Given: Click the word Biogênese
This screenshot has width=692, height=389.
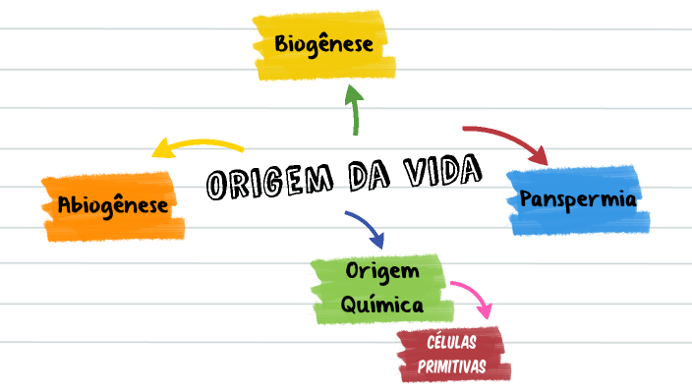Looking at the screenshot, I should click(323, 45).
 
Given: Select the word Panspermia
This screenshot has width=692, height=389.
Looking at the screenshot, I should click(578, 199).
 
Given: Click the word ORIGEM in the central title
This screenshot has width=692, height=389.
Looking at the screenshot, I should click(264, 183).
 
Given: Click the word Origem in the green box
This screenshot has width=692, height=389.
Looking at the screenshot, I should click(382, 270).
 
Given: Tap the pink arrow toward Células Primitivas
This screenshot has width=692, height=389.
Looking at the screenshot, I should click(473, 298).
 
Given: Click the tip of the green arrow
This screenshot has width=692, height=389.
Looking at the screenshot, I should click(354, 87).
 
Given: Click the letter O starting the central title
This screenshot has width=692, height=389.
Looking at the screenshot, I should click(219, 187).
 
